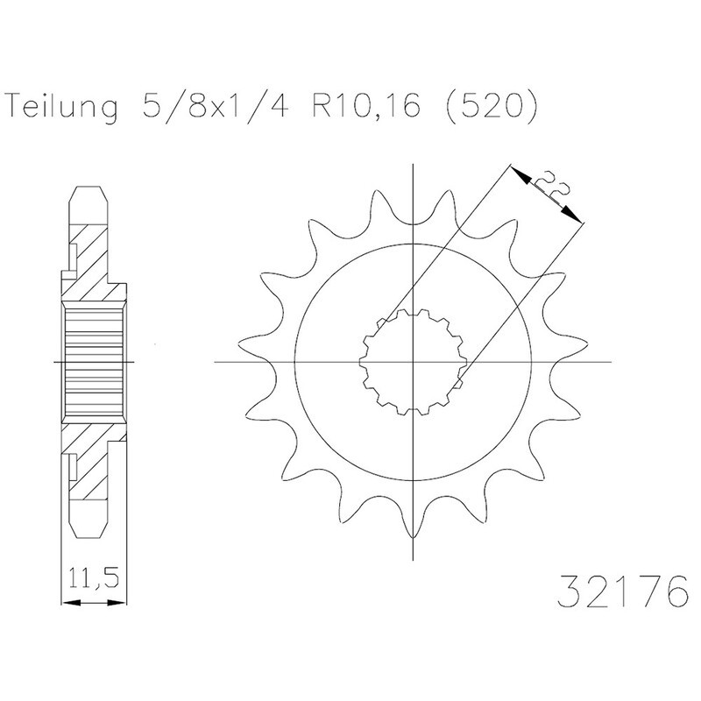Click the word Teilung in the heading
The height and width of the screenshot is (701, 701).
(x=63, y=106)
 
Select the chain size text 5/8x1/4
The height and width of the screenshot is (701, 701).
(x=215, y=105)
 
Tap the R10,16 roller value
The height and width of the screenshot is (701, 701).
(x=366, y=105)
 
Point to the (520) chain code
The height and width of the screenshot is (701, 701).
(x=491, y=106)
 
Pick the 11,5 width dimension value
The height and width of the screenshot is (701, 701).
(x=94, y=578)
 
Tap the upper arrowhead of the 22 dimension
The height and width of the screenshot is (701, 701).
(x=520, y=175)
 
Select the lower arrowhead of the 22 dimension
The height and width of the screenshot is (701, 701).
(x=573, y=214)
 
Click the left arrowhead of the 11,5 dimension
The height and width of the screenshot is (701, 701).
(x=71, y=603)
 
